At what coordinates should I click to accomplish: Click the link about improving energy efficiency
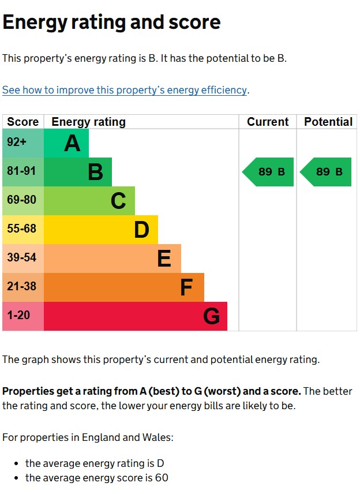(125, 90)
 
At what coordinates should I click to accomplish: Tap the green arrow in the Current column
(268, 172)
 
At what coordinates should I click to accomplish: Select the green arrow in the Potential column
(325, 172)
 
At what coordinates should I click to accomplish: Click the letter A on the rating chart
(72, 143)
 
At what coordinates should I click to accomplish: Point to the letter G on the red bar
(211, 316)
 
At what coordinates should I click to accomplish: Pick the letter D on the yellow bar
(142, 230)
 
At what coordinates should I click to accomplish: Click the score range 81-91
(21, 171)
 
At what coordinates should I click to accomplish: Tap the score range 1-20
(18, 315)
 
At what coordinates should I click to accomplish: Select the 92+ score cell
(23, 143)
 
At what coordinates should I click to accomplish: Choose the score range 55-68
(21, 229)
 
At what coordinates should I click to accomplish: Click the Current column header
(268, 122)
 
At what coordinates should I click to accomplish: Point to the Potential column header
(328, 122)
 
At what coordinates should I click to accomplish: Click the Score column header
(22, 122)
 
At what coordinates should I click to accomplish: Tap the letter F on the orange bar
(186, 287)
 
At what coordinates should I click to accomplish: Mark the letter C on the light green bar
(118, 201)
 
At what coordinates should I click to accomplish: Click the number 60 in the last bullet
(162, 478)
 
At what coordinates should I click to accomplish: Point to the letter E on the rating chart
(164, 259)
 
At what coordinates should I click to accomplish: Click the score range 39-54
(21, 257)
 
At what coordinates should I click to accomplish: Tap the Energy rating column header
(88, 122)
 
